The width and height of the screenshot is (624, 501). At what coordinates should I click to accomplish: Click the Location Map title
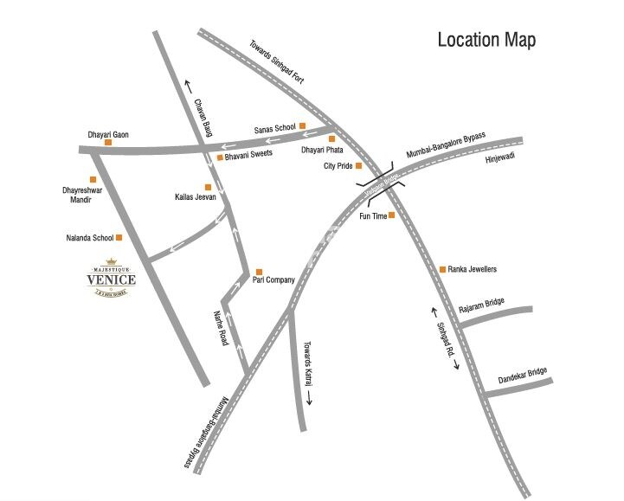[x=486, y=40]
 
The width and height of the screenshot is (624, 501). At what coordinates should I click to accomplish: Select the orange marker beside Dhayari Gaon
[x=109, y=142]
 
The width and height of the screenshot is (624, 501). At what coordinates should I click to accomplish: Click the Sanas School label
[x=274, y=128]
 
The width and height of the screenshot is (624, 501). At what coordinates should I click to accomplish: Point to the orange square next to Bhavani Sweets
[x=220, y=157]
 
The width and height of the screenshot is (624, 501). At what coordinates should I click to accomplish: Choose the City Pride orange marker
[x=359, y=165]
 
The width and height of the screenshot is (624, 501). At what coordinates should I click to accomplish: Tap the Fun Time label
[x=372, y=216]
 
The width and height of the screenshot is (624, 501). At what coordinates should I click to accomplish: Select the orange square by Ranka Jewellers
[x=443, y=270]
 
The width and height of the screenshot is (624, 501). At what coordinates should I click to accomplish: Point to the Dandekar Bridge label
[x=523, y=380]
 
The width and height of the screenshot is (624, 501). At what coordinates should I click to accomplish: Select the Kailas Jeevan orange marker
[x=207, y=187]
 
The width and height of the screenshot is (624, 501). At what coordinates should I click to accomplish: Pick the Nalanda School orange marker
[x=119, y=237]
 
